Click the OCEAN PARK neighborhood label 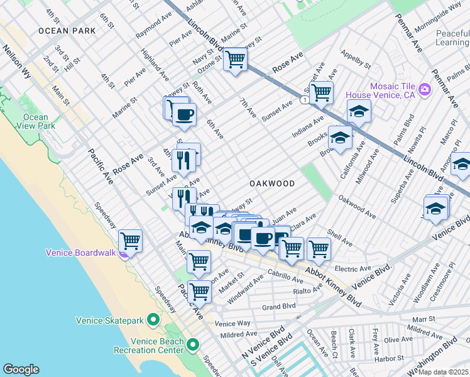[x=67, y=30]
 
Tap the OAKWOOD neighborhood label [x=271, y=183]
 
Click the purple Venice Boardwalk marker [x=125, y=253]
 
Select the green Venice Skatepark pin [x=153, y=320]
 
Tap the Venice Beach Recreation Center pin [x=193, y=345]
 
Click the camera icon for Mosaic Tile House [x=425, y=90]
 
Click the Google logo [x=21, y=369]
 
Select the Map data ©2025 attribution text [x=443, y=372]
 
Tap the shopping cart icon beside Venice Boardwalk [x=130, y=239]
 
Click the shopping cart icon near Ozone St [x=235, y=59]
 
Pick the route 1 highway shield [x=304, y=100]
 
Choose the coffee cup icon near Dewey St [x=184, y=114]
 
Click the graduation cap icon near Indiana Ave [x=359, y=111]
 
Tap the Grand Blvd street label [x=278, y=307]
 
